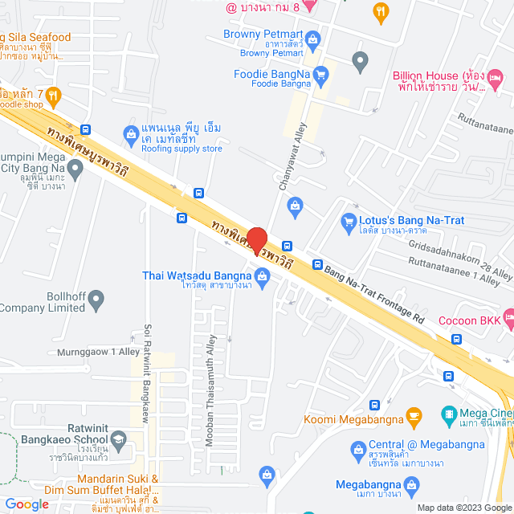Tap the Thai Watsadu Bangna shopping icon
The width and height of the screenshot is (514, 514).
pyautogui.click(x=263, y=275)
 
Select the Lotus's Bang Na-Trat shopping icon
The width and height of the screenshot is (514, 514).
pyautogui.click(x=349, y=220)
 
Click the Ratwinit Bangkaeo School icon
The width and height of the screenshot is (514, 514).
pyautogui.click(x=118, y=439)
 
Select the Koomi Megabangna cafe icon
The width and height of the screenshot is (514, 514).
pyautogui.click(x=414, y=416)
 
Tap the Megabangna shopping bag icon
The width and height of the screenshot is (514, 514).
pyautogui.click(x=412, y=484)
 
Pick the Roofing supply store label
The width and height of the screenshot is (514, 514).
pyautogui.click(x=177, y=149)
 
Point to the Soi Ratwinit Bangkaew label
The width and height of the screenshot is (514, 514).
pyautogui.click(x=148, y=374)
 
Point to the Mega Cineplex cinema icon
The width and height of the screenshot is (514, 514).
pyautogui.click(x=449, y=415)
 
